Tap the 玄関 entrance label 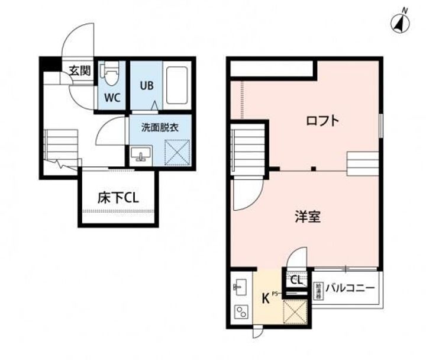point(79,71)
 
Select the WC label point(112,98)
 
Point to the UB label point(146,85)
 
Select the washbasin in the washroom point(142,156)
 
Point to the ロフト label point(322,121)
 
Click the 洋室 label point(307,217)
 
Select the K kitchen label point(266,298)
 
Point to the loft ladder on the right point(362,162)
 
